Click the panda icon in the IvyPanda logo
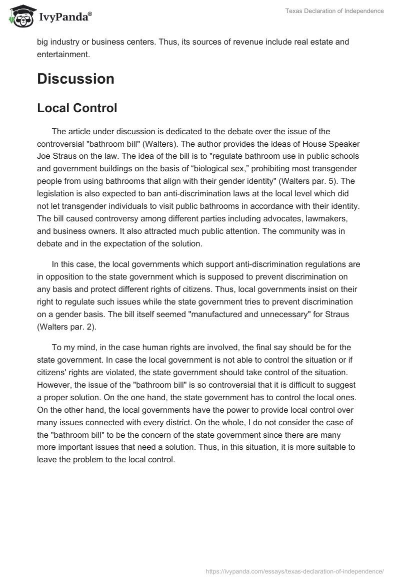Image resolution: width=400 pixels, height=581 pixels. pos(19,17)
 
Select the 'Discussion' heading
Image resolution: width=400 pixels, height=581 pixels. pos(75,79)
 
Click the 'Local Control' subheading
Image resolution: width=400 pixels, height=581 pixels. pos(77,108)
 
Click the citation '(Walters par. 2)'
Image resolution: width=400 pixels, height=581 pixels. pos(66,326)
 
